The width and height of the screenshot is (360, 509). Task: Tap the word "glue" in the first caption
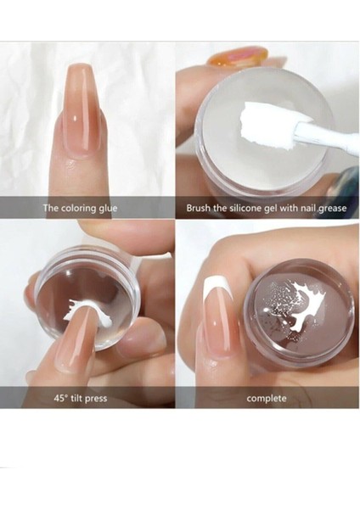pos(107,208)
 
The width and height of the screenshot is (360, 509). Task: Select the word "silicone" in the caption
pos(245,208)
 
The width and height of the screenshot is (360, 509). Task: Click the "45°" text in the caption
pos(60,398)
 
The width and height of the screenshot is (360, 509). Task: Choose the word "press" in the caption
pos(96,399)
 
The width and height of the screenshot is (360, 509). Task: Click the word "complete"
pos(267,399)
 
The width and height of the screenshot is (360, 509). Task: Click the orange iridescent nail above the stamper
pos(238,55)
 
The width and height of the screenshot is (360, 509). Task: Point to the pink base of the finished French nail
pos(216,327)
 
